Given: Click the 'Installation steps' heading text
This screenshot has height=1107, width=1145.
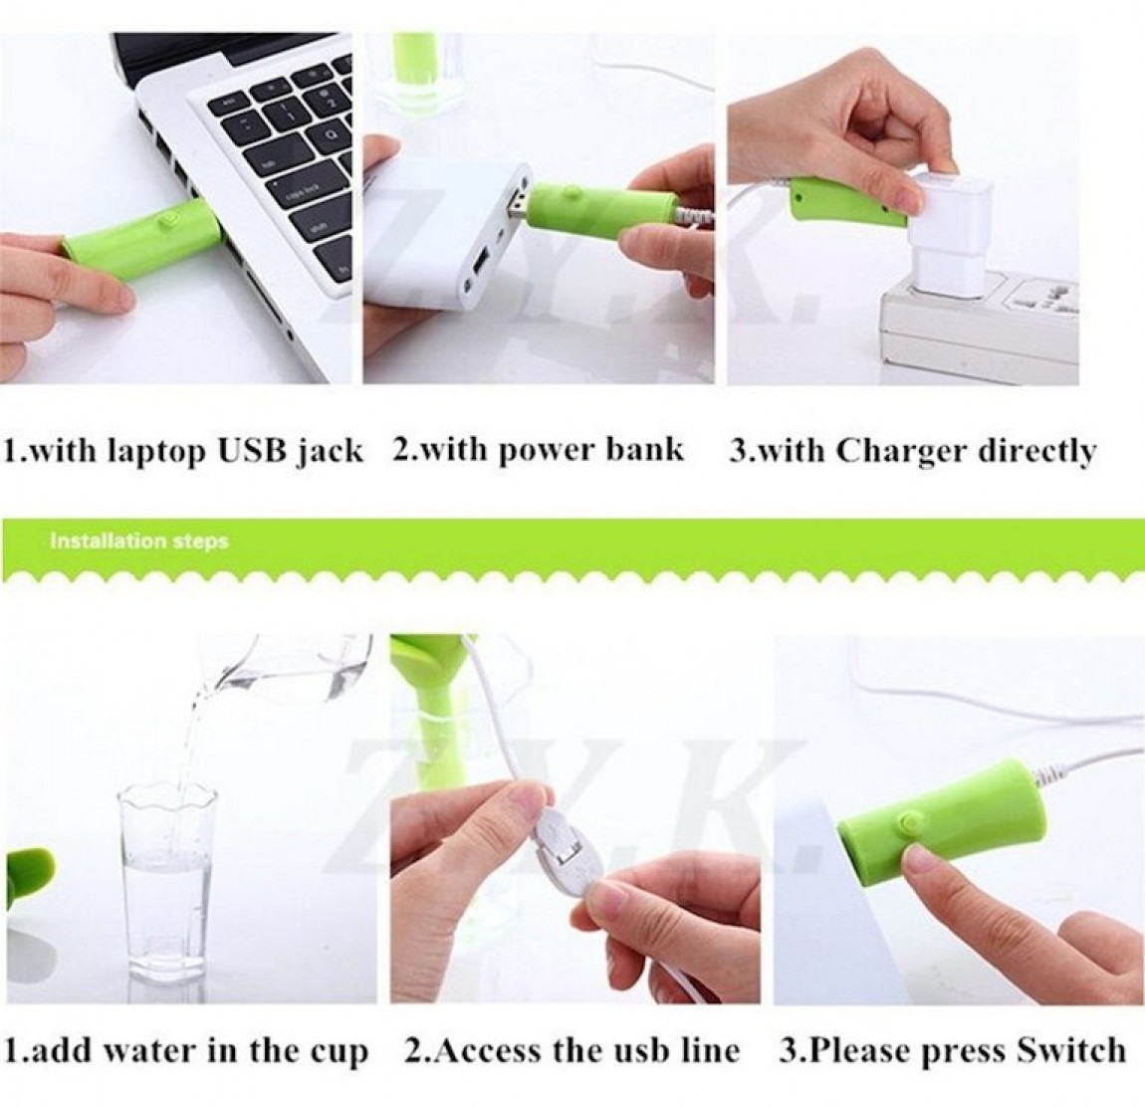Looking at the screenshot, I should tap(138, 542).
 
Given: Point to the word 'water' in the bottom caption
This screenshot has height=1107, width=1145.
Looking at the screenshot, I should tap(148, 1051).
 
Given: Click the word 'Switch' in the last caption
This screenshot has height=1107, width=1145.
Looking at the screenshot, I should tap(1071, 1051).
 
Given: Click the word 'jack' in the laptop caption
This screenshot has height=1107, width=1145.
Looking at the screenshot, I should tap(330, 452).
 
